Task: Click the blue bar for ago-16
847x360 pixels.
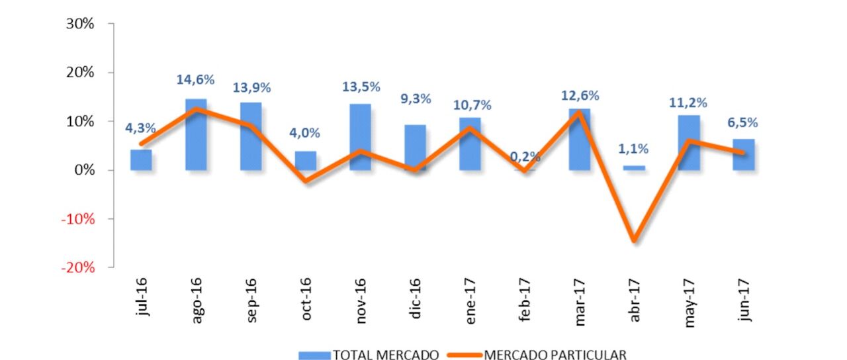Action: [x=196, y=136]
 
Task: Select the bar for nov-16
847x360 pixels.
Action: [x=360, y=138]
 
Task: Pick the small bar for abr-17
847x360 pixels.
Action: [x=634, y=168]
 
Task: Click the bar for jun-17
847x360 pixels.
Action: [x=743, y=155]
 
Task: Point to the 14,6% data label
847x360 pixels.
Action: [x=195, y=80]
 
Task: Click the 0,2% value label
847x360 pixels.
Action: [x=525, y=157]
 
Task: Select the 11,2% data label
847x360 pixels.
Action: [x=688, y=103]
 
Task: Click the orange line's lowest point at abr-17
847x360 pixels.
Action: [x=634, y=240]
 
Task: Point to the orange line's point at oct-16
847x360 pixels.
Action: [x=305, y=180]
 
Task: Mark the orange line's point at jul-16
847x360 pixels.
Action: [x=141, y=144]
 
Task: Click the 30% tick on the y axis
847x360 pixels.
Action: [x=81, y=24]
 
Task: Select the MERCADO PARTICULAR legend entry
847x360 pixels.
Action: [x=536, y=355]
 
